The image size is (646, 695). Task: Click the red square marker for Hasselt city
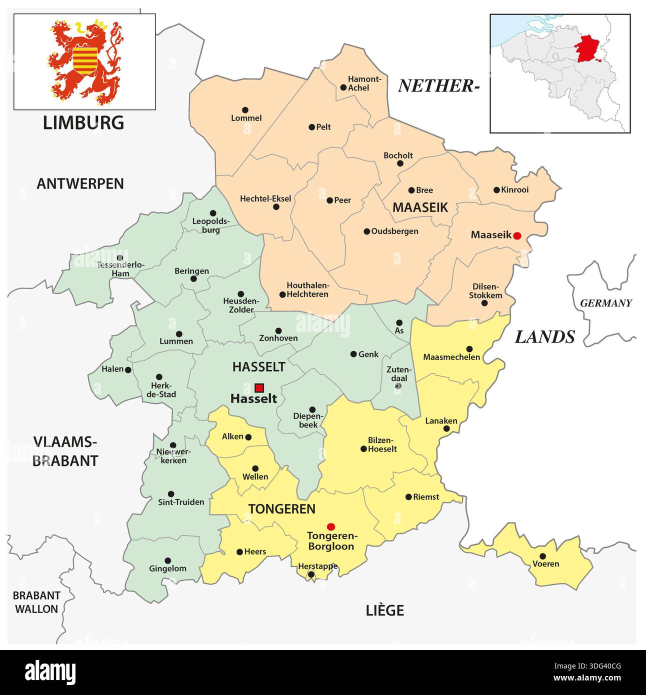(259, 387)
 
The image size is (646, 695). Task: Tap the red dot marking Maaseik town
(517, 235)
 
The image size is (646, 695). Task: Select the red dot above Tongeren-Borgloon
(330, 526)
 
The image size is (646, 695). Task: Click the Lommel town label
(246, 118)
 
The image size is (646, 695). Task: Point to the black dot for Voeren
(542, 556)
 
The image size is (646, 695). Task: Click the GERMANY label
(605, 303)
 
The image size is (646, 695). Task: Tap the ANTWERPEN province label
(80, 183)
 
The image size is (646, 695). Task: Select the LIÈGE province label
(384, 610)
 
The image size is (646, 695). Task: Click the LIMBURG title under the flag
(83, 122)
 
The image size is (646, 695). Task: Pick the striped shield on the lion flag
(85, 60)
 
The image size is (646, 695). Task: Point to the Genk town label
(368, 354)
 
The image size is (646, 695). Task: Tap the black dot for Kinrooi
(496, 190)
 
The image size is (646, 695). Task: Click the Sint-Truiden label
(181, 502)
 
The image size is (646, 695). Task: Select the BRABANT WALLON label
(36, 602)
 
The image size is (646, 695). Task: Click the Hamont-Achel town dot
(343, 87)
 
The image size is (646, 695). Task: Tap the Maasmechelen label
(451, 357)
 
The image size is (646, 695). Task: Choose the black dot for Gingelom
(167, 560)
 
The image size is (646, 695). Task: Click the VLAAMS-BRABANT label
(65, 451)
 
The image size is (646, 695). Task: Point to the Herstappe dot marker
(311, 574)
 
